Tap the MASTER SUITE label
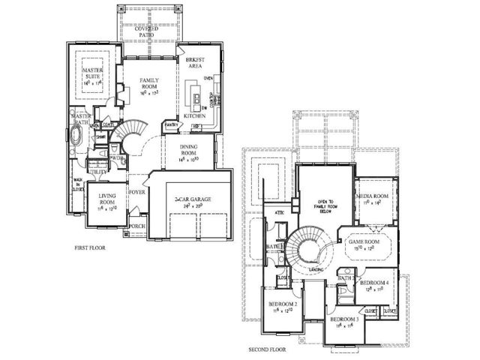[x=92, y=73]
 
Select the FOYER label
[x=136, y=193]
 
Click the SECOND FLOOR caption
[x=267, y=349]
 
